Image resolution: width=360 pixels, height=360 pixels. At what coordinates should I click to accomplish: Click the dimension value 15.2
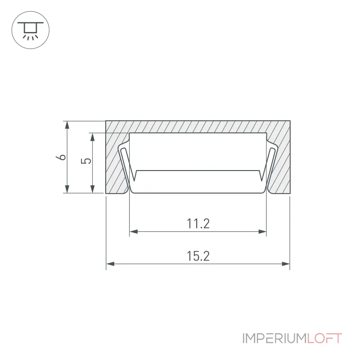(x=198, y=256)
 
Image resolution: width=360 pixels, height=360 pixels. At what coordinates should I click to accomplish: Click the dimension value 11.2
(x=198, y=224)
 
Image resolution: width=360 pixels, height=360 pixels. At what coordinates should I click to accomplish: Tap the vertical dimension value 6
(x=61, y=157)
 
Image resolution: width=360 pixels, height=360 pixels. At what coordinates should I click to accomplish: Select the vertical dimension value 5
(x=86, y=161)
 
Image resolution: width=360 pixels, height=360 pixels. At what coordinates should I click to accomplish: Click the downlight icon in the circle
(x=31, y=30)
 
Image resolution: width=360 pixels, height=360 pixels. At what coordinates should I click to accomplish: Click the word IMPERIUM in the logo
(x=274, y=338)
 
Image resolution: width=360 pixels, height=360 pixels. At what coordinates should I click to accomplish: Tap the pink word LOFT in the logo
(x=324, y=338)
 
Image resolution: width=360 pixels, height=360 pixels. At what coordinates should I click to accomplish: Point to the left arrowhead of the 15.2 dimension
(x=110, y=264)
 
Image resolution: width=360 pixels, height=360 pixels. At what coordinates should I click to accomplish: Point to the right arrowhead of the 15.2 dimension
(x=286, y=264)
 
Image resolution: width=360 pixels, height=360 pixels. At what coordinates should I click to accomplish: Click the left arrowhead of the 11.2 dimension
(x=134, y=231)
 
